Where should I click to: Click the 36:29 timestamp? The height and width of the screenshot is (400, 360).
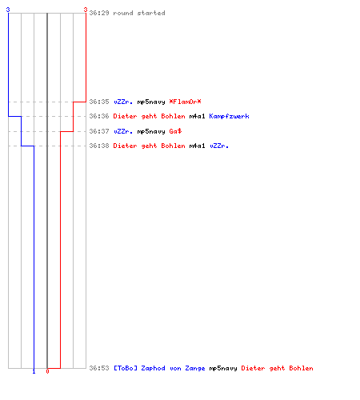(x=99, y=13)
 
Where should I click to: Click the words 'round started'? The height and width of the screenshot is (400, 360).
(x=139, y=13)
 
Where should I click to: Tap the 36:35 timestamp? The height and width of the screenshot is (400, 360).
(x=99, y=102)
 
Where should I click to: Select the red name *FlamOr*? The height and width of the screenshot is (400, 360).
(x=185, y=102)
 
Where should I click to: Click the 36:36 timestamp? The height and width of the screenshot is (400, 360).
(x=99, y=116)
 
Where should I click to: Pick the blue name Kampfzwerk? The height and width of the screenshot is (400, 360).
(x=229, y=116)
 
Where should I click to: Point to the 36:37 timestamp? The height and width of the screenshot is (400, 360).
(x=99, y=131)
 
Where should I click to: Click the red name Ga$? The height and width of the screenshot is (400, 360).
(x=175, y=131)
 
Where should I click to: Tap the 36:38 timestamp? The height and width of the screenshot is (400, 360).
(x=99, y=146)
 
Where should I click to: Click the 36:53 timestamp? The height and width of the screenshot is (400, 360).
(x=99, y=368)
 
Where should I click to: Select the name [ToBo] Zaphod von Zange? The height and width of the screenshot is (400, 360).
(x=159, y=368)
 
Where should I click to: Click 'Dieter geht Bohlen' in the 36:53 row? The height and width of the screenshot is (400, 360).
(x=277, y=368)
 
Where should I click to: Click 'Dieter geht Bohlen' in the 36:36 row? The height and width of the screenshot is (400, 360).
(x=149, y=116)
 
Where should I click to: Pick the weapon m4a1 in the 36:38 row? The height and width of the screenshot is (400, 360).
(x=197, y=146)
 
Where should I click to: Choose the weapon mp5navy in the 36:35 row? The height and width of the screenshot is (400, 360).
(x=151, y=102)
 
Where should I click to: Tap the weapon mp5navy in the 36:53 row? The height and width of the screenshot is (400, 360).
(x=223, y=369)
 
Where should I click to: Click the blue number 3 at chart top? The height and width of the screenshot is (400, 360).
(x=8, y=10)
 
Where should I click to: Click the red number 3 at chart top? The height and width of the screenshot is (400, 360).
(x=86, y=10)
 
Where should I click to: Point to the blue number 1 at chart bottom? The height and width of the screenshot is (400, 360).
(x=34, y=371)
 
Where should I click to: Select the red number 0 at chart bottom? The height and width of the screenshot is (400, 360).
(x=47, y=371)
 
